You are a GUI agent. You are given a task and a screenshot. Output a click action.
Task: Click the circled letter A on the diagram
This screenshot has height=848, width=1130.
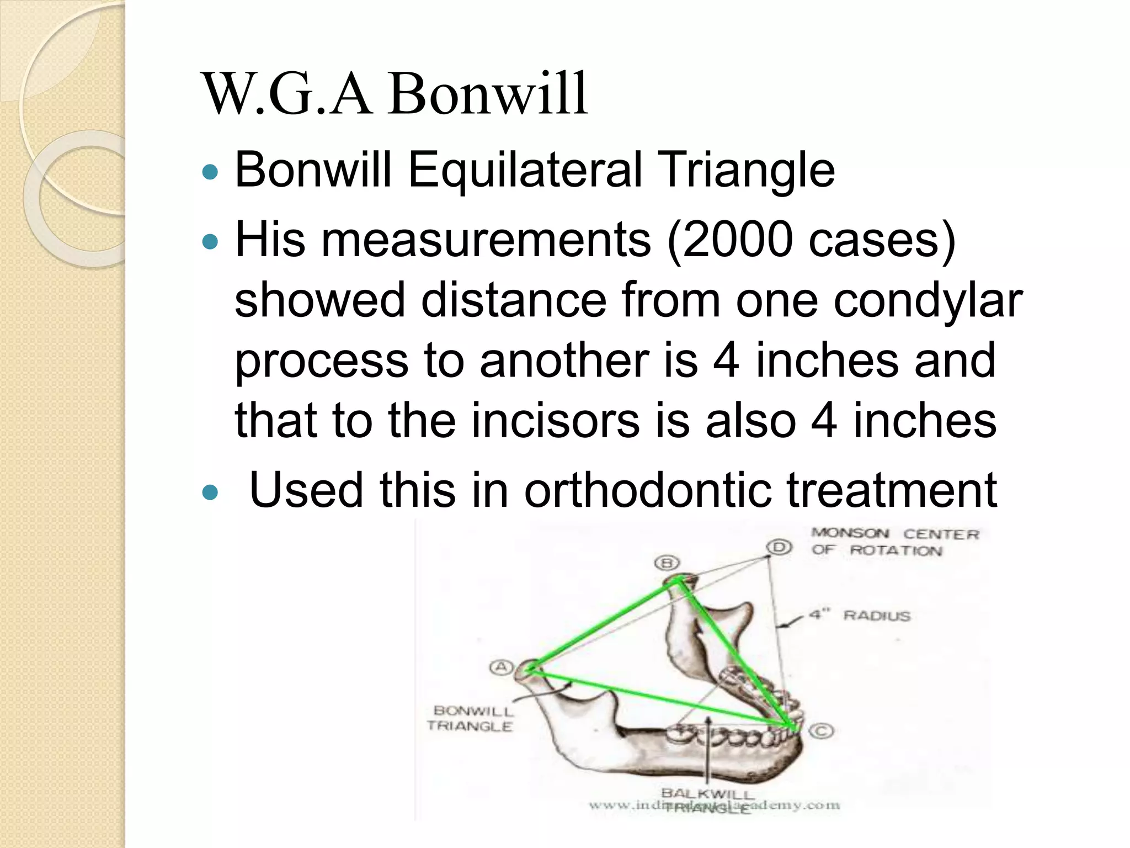pyautogui.click(x=501, y=667)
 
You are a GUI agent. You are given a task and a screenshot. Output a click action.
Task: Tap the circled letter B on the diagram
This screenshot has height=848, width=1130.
pyautogui.click(x=667, y=563)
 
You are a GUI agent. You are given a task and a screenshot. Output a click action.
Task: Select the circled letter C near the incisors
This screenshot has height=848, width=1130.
pyautogui.click(x=821, y=732)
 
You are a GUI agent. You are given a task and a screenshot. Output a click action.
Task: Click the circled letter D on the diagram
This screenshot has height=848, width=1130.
pyautogui.click(x=779, y=547)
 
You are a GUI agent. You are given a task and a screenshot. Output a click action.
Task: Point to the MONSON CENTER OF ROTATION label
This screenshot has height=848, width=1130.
pyautogui.click(x=894, y=542)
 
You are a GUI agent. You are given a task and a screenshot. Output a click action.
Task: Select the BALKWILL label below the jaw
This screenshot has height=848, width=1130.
pyautogui.click(x=708, y=794)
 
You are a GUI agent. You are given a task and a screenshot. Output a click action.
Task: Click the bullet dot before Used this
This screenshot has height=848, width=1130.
pyautogui.click(x=210, y=491)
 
